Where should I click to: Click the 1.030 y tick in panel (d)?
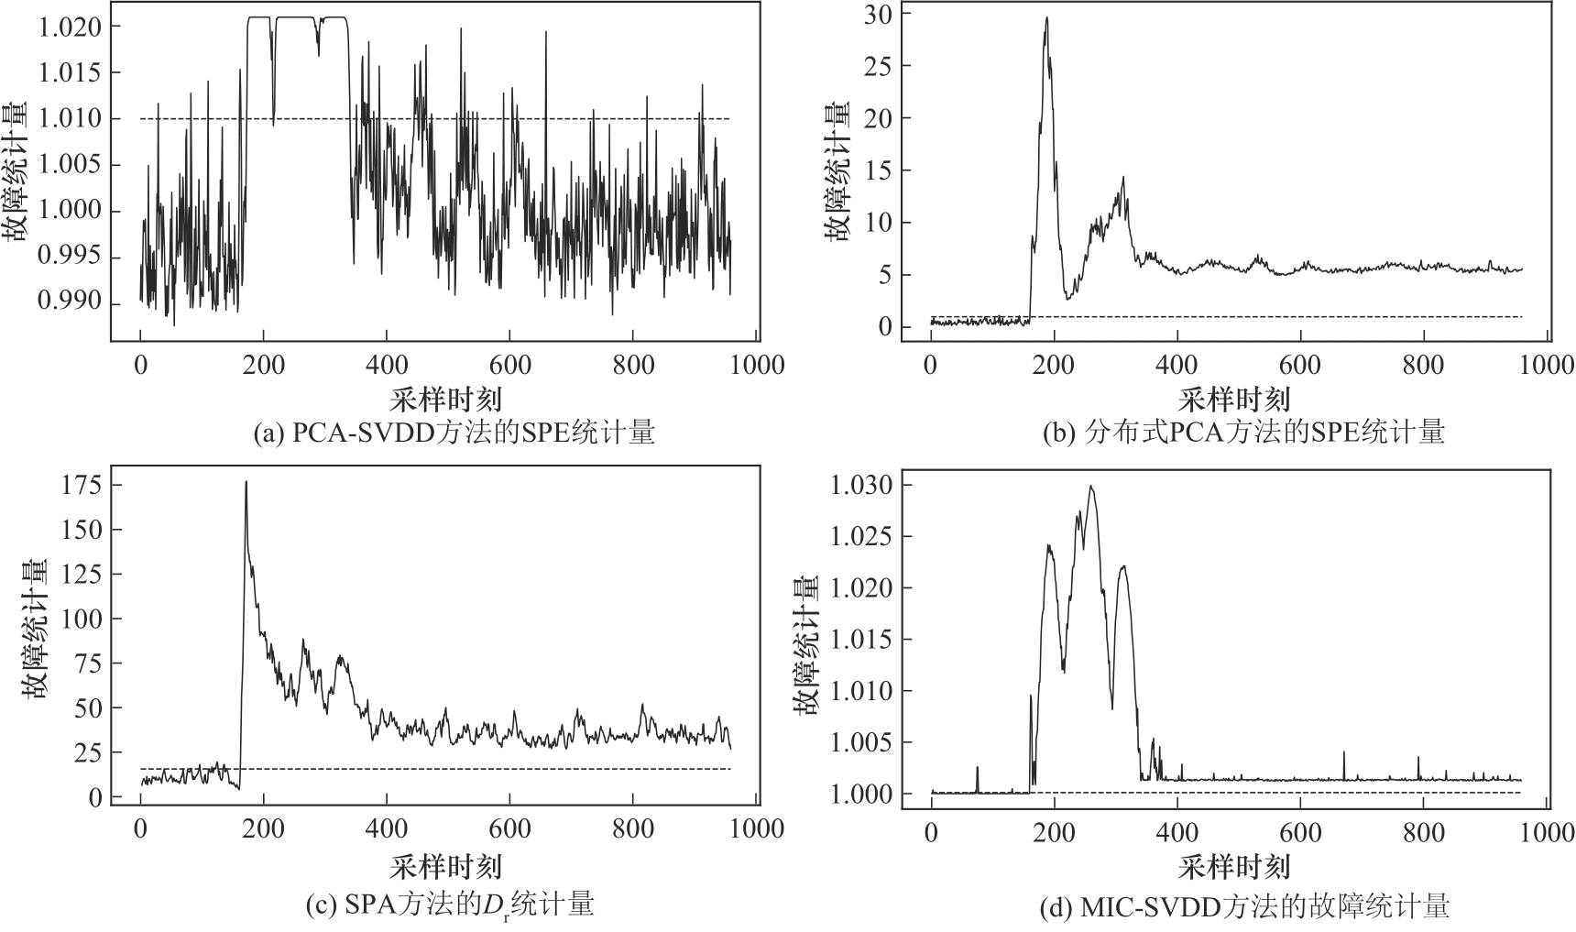point(860,485)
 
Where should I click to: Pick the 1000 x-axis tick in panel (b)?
point(1547,366)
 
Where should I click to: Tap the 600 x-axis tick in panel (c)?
point(509,828)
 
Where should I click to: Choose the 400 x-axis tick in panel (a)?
point(386,366)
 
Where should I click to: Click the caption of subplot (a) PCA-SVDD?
point(454,432)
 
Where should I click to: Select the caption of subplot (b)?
point(1243,432)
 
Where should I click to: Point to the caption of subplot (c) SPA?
point(448,906)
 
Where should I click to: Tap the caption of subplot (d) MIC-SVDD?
point(1244,908)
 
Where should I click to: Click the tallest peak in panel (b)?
point(1046,17)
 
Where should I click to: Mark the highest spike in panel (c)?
point(246,482)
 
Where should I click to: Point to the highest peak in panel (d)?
point(1090,486)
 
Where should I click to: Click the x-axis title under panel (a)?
point(446,399)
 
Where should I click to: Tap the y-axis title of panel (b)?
point(836,171)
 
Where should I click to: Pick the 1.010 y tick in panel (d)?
point(860,691)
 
